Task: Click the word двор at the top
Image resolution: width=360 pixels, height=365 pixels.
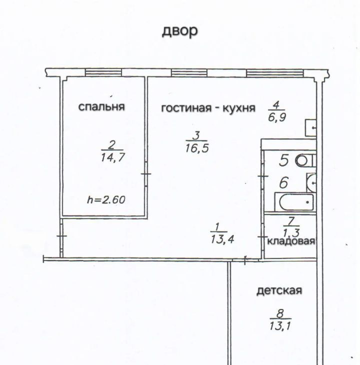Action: pyautogui.click(x=180, y=31)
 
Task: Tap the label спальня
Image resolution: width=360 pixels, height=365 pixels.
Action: pyautogui.click(x=101, y=107)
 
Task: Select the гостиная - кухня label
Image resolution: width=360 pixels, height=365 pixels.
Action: pyautogui.click(x=208, y=108)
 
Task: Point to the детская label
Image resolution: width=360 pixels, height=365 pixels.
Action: pyautogui.click(x=279, y=290)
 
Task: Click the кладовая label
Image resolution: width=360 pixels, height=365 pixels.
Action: pyautogui.click(x=291, y=241)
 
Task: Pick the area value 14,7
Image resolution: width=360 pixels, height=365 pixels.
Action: pyautogui.click(x=113, y=157)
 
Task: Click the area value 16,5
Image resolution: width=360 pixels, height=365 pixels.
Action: pyautogui.click(x=197, y=148)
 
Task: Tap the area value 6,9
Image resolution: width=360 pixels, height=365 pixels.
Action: pyautogui.click(x=277, y=117)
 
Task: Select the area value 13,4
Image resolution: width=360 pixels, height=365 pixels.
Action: pyautogui.click(x=222, y=239)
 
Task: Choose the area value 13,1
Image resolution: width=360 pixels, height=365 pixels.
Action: pyautogui.click(x=280, y=326)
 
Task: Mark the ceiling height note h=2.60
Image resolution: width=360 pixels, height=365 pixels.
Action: pyautogui.click(x=106, y=199)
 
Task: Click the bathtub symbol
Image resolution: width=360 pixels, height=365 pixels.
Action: pyautogui.click(x=294, y=202)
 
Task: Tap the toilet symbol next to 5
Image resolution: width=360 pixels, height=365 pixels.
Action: pyautogui.click(x=305, y=160)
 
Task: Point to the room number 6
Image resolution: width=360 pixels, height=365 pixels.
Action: pyautogui.click(x=283, y=182)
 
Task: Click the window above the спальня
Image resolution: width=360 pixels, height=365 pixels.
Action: pyautogui.click(x=103, y=72)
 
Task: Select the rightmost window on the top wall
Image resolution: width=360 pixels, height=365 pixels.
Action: pyautogui.click(x=275, y=72)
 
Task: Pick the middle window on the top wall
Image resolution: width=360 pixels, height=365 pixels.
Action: pyautogui.click(x=189, y=72)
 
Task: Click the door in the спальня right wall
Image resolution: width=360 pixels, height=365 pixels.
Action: pyautogui.click(x=146, y=174)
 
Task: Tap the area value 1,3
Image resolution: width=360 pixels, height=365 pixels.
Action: pyautogui.click(x=291, y=233)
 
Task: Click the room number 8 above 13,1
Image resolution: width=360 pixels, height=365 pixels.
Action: pyautogui.click(x=280, y=314)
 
